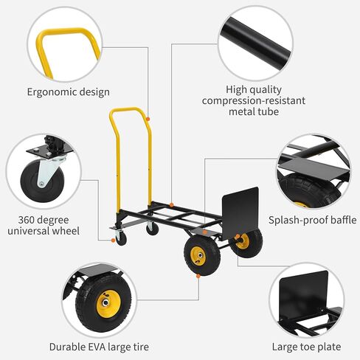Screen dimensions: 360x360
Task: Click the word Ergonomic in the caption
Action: point(48,92)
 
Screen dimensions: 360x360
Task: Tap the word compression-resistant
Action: point(254,100)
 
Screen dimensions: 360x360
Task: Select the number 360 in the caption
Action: point(27,220)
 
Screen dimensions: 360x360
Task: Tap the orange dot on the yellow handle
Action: point(148,119)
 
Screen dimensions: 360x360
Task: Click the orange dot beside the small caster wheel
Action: point(113,240)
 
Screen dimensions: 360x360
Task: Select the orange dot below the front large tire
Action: point(198,276)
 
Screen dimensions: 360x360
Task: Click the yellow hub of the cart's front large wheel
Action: point(198,256)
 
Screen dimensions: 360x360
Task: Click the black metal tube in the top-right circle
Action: point(256,43)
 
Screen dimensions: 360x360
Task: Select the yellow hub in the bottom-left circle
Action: point(108,304)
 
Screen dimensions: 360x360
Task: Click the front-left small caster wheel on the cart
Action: point(121,239)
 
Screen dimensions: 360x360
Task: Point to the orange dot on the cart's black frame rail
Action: point(171,205)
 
